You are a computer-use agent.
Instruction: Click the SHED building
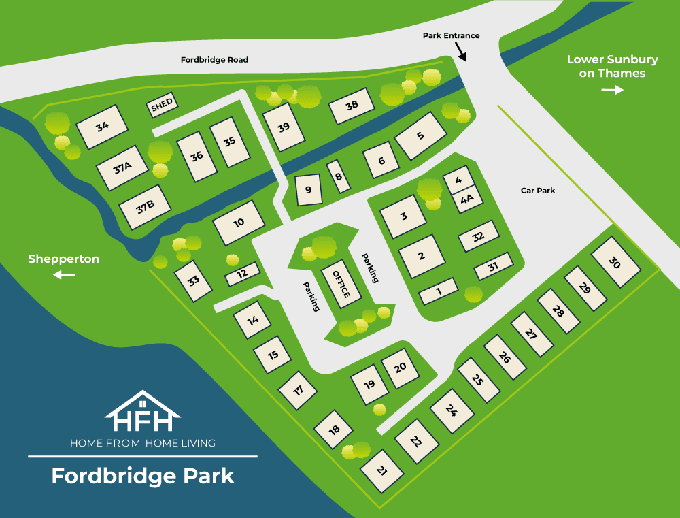point(162,105)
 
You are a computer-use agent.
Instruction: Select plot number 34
point(103,126)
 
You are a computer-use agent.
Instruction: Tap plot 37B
point(144,207)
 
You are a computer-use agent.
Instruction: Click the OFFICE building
point(341,283)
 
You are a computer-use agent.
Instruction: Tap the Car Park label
point(538,191)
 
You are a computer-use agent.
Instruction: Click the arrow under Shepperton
point(64,274)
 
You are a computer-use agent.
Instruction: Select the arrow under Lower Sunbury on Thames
point(612,90)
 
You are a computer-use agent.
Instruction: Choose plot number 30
point(615,262)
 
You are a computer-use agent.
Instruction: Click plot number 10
point(238,223)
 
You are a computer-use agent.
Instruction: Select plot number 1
point(438,291)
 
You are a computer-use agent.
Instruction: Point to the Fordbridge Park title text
point(143,475)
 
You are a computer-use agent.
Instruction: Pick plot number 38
point(352,106)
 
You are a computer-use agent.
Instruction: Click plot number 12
point(241,274)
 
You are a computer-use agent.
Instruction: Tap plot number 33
point(194,280)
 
